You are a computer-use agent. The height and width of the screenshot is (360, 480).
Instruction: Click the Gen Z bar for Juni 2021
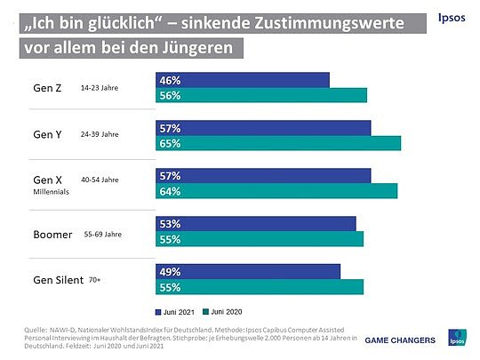tap(242, 80)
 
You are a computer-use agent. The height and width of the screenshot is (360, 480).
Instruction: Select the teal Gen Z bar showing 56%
tap(260, 95)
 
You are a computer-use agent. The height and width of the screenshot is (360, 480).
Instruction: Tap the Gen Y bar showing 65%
tap(277, 143)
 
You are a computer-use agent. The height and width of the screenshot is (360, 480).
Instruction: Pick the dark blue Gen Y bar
tap(263, 128)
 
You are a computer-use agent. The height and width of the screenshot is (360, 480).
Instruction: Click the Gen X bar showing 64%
tap(276, 191)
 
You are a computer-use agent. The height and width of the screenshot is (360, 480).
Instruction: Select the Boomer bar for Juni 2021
tap(255, 223)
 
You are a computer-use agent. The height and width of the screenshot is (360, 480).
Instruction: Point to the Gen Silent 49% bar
tap(248, 271)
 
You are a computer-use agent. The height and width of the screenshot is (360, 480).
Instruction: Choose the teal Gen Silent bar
tap(259, 286)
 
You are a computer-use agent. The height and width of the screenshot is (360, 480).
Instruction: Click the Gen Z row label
tap(46, 87)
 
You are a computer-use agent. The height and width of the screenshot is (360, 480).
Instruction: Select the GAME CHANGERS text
tap(401, 340)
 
